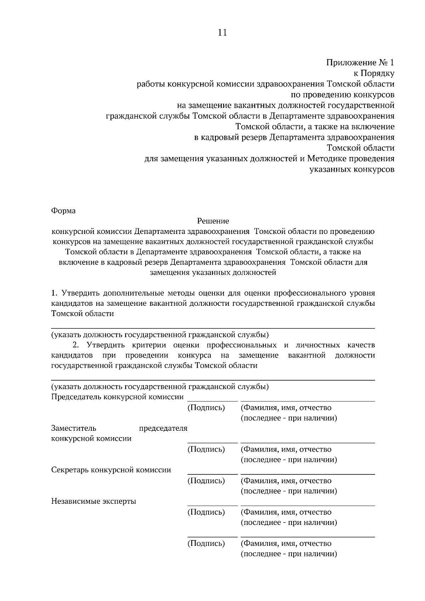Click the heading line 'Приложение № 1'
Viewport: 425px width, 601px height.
pos(360,63)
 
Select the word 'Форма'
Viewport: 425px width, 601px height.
pos(63,211)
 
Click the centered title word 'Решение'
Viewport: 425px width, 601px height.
pos(213,221)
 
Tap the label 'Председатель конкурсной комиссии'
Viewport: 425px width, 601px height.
pos(117,397)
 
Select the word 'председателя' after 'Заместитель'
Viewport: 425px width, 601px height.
pos(163,428)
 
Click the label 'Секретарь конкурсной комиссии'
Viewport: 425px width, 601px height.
pos(111,470)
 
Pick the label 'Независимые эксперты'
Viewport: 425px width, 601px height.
pos(93,502)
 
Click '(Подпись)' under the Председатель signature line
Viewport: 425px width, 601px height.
pos(206,408)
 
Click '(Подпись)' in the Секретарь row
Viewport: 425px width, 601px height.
pos(206,481)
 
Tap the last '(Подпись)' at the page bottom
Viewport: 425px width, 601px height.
pos(206,543)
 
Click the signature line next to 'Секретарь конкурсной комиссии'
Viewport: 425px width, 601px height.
pos(212,474)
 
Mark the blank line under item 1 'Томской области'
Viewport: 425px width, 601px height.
pos(213,328)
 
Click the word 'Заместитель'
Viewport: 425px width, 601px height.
pos(74,428)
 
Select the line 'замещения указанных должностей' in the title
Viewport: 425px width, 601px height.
pos(213,273)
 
